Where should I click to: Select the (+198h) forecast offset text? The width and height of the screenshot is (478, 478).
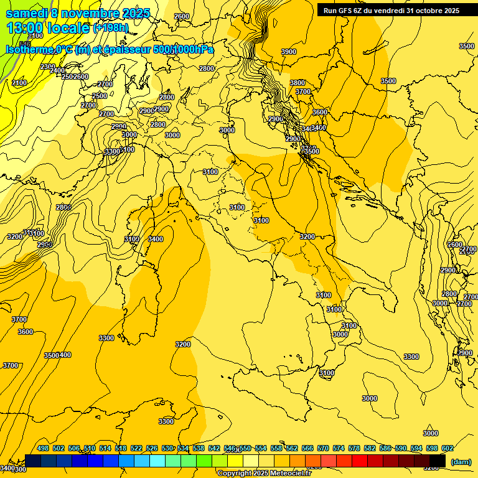pos(110,28)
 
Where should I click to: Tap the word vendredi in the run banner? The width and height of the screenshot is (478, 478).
pos(391,11)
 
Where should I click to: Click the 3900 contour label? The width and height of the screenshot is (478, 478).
pos(288,52)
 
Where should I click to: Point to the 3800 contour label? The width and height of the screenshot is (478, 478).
pos(298,83)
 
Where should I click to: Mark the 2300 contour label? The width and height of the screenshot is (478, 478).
pos(47,67)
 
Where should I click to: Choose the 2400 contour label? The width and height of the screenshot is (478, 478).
pos(57,71)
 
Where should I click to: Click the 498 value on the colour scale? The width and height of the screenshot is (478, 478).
pos(43,449)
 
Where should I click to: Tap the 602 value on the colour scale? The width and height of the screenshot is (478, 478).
pos(447,449)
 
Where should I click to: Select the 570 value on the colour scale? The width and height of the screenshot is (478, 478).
pos(322,449)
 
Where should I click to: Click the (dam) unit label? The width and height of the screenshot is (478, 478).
pos(461,461)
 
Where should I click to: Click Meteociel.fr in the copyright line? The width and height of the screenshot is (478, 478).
pos(289,474)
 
